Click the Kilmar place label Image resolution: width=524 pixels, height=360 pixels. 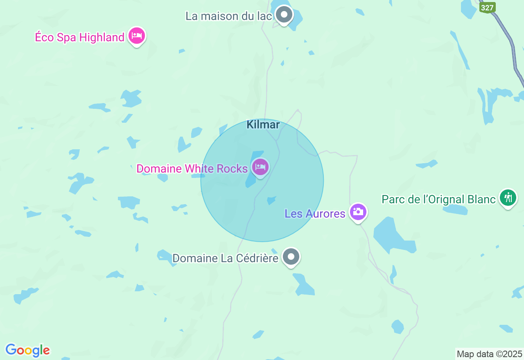[x=263, y=125]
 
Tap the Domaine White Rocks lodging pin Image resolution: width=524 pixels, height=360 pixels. [x=260, y=167]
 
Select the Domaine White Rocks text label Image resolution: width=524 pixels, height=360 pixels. [x=192, y=169]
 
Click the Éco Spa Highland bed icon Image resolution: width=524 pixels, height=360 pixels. [x=137, y=36]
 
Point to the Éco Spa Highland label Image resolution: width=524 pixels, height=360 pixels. [x=79, y=38]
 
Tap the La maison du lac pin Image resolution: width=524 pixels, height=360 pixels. [x=284, y=15]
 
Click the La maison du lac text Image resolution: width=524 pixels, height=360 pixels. [x=229, y=16]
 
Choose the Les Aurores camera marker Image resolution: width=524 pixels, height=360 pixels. [x=358, y=212]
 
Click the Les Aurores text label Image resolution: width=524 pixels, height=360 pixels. [x=315, y=214]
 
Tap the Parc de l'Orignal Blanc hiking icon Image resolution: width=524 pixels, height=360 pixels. [x=508, y=198]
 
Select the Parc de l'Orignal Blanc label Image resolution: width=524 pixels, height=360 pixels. [x=439, y=200]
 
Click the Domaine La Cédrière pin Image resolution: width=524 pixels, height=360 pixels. [x=291, y=257]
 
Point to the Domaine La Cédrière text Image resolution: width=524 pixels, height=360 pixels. [x=225, y=259]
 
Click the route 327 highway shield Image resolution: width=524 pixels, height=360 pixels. [x=488, y=8]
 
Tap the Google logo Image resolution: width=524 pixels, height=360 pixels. [x=27, y=351]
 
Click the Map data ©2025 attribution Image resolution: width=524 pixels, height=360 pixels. [x=490, y=354]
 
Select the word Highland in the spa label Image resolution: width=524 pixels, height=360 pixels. [x=102, y=38]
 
